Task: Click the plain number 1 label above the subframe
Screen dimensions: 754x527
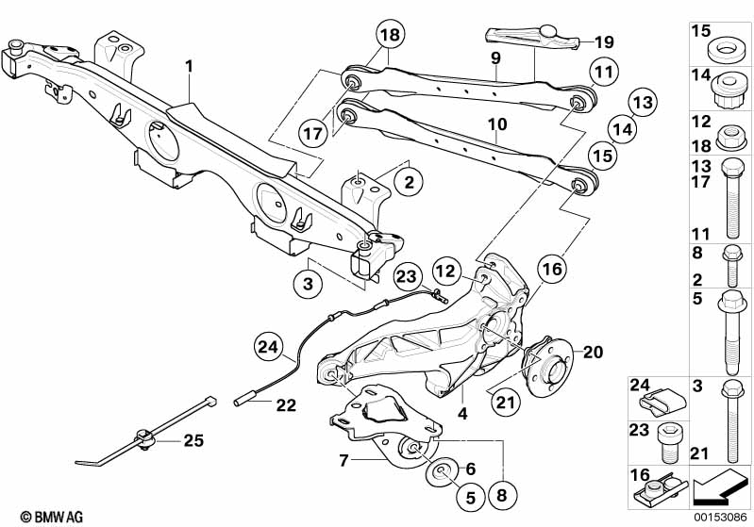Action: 189,66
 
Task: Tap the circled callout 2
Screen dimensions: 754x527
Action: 409,182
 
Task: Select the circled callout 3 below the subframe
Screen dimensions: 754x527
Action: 308,284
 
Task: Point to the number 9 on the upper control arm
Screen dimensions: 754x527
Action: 495,58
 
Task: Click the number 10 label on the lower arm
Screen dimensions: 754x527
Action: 497,124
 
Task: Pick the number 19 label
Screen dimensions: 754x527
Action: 605,41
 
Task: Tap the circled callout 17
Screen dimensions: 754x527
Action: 312,133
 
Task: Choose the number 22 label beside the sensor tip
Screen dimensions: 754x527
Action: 286,405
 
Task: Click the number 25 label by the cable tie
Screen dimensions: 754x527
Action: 193,440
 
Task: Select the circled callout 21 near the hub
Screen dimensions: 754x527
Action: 506,402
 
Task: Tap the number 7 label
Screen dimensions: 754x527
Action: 343,461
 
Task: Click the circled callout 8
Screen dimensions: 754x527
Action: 501,495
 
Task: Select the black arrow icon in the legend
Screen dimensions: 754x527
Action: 720,487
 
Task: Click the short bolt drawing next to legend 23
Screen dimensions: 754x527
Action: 669,442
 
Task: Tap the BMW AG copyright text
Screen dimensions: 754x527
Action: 52,517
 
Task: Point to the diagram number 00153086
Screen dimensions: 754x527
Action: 720,518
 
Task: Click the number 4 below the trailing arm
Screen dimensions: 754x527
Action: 462,413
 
